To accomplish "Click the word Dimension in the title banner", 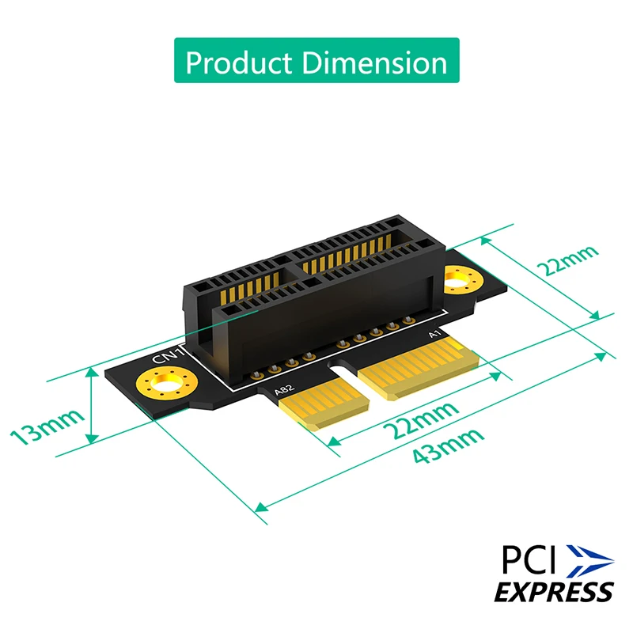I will (376, 62).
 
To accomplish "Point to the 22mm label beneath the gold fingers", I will (419, 419).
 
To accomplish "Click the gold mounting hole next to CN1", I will (164, 387).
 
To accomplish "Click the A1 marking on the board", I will (434, 335).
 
